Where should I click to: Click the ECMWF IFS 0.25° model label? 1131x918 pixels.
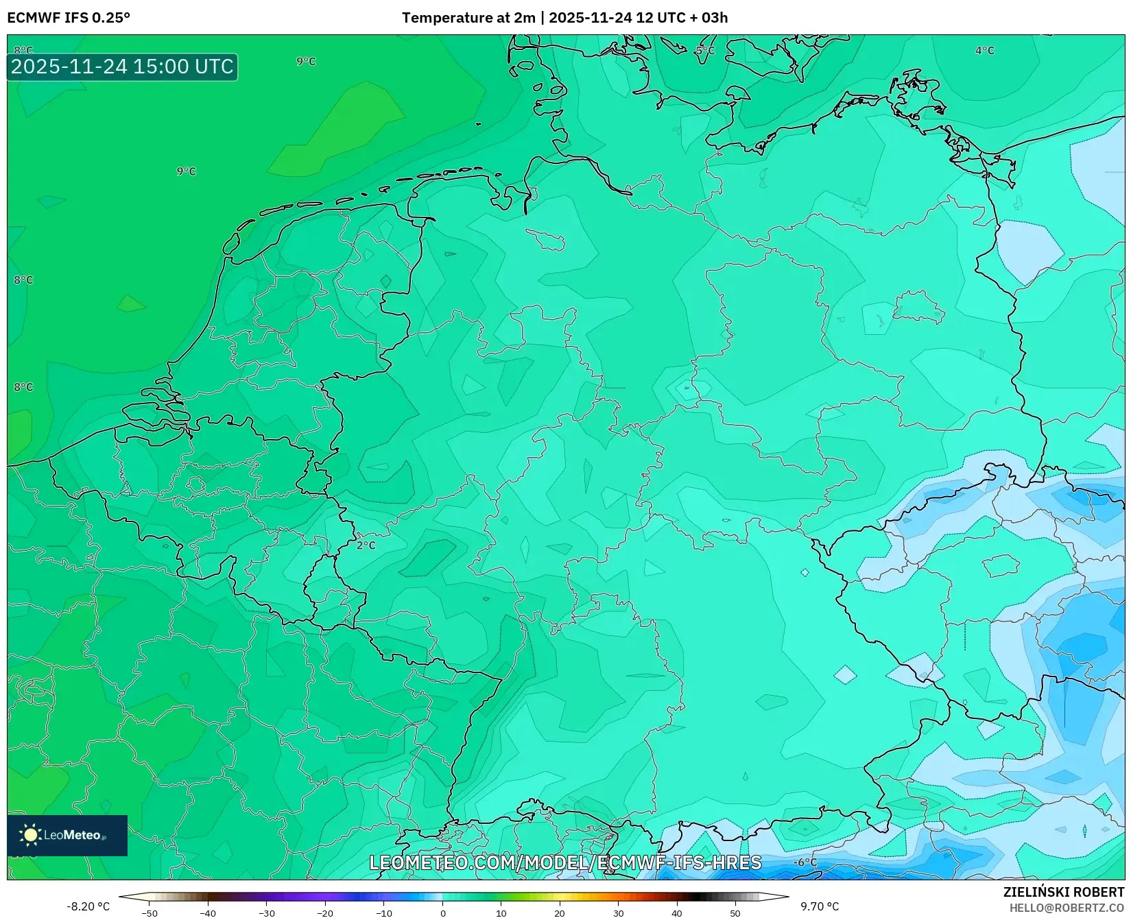pos(69,18)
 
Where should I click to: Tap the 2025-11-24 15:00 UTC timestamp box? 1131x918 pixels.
pos(122,67)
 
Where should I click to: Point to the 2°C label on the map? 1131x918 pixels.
pos(366,545)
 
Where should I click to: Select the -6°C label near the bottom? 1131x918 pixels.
pos(805,862)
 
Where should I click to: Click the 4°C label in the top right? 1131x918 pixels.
pos(984,51)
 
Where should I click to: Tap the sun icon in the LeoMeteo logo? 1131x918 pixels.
pos(30,835)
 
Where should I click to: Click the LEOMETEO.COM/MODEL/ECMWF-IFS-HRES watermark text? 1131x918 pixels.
pos(565,862)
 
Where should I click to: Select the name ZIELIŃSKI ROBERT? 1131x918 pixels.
pos(1064,893)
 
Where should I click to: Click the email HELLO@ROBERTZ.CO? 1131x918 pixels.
pos(1067,908)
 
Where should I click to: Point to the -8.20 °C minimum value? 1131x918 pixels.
pos(88,906)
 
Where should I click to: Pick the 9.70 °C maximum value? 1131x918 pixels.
pos(820,906)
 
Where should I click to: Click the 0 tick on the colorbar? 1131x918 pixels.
pos(443,913)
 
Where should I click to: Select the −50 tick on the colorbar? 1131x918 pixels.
pos(149,913)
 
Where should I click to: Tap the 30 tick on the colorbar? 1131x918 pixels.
pos(619,913)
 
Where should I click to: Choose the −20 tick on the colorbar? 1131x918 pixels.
pos(325,913)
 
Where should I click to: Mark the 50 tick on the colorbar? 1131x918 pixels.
pos(735,913)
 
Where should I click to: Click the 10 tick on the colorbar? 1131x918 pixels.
pos(501,913)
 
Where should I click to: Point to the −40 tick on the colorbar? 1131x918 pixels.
pos(208,913)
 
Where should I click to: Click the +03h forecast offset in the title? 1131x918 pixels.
pos(714,18)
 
